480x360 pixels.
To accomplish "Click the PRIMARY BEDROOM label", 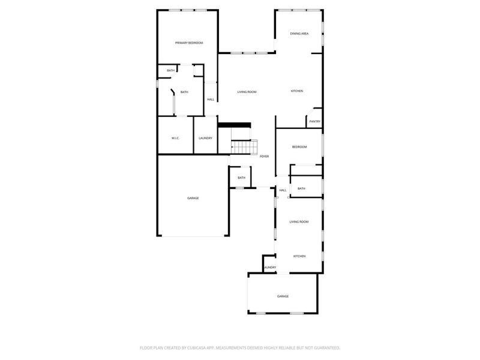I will pos(188,43).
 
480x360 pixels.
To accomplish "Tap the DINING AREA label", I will pos(299,34).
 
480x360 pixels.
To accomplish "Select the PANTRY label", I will pos(314,122).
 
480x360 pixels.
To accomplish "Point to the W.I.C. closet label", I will pos(175,138).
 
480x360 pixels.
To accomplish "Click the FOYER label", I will pos(264,156).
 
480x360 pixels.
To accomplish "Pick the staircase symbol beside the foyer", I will pos(244,147).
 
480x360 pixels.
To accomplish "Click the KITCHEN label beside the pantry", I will pos(297,91).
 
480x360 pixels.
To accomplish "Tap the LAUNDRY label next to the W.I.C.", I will pos(205,138).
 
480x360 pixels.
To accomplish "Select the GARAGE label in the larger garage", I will pos(193,198).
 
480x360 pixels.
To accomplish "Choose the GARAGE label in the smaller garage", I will pos(283,296).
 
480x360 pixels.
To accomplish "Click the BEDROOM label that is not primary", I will pos(299,147).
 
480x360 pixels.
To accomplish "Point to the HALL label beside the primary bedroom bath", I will pos(211,100).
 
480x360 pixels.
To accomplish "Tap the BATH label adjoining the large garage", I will pos(241,178).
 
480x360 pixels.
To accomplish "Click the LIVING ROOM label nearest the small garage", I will pos(299,222).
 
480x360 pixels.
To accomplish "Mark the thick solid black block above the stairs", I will pos(233,125).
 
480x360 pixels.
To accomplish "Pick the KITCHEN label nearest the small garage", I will pos(299,256).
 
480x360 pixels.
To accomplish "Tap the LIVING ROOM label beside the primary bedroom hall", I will pos(247,92).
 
